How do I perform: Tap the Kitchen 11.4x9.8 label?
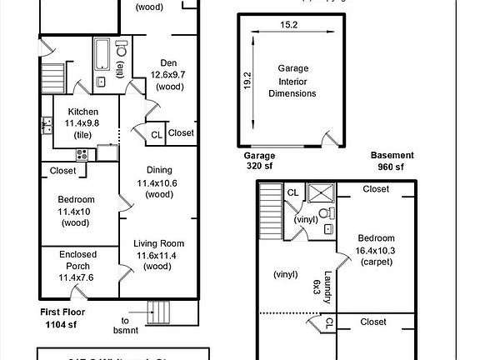pos(83,122)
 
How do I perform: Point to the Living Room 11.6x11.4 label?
pos(158,254)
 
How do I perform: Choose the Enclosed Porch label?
pos(77,265)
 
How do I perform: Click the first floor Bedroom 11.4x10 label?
pos(76,211)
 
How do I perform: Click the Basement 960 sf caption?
pos(392,161)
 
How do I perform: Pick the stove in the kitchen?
pos(82,154)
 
